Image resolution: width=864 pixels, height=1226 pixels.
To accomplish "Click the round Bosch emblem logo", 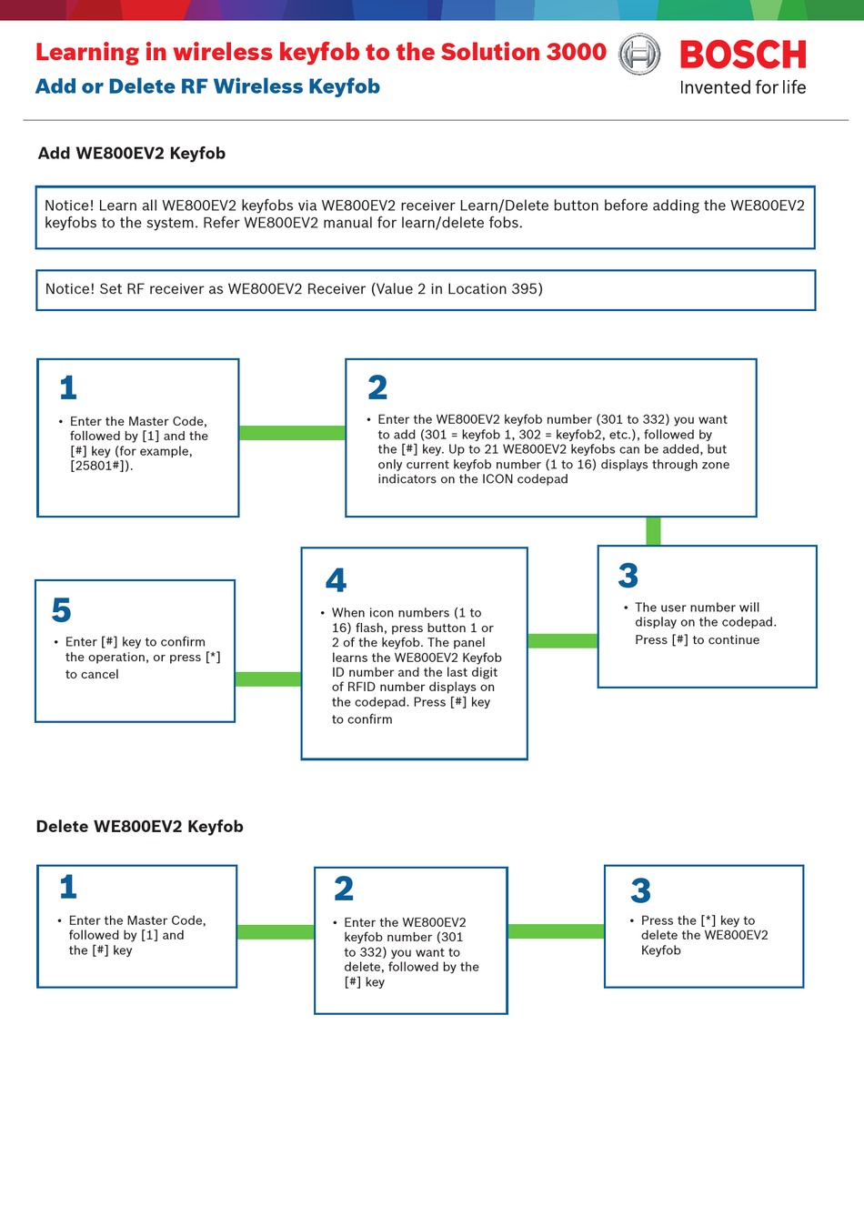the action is click(639, 54).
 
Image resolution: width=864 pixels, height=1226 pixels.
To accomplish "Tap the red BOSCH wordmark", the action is click(742, 55).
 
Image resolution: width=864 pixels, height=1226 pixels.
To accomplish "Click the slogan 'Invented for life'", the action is click(742, 87).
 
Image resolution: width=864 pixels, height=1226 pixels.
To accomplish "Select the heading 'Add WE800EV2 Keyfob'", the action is click(131, 153).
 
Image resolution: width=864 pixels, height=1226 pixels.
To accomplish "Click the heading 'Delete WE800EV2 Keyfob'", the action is click(139, 827).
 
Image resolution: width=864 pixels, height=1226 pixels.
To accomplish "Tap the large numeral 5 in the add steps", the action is click(61, 609).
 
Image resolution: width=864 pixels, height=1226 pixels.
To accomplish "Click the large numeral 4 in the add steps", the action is click(336, 580).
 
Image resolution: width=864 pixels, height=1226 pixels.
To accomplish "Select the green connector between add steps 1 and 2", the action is click(292, 433).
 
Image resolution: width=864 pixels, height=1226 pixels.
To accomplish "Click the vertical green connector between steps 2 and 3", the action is click(653, 531).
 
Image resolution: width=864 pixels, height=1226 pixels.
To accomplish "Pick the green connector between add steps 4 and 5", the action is click(268, 678).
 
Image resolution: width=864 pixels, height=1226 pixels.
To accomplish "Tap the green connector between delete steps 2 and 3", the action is click(556, 931).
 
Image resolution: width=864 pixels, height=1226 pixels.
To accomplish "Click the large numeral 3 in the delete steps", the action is click(641, 890).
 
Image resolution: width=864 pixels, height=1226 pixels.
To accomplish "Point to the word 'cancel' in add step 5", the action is click(99, 674).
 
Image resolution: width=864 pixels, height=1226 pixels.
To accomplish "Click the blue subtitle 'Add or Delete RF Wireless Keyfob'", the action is click(207, 86).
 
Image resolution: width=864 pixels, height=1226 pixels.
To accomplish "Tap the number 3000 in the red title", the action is click(577, 52).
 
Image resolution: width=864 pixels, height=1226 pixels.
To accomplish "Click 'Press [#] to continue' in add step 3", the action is click(697, 639).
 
